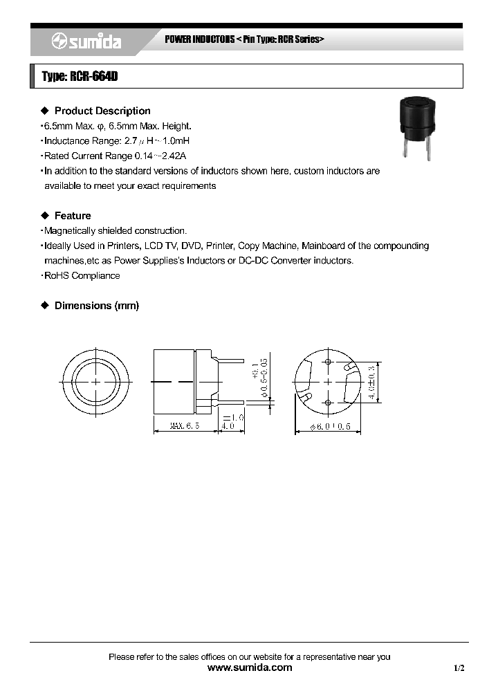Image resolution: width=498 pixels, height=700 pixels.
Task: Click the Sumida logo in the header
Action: [x=86, y=42]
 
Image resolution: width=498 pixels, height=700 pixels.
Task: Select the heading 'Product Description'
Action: [x=102, y=111]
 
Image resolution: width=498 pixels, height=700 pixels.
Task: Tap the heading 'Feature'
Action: [x=73, y=216]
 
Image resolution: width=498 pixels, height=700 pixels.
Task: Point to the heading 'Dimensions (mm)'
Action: [x=96, y=305]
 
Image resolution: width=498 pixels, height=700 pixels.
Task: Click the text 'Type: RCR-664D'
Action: [x=80, y=77]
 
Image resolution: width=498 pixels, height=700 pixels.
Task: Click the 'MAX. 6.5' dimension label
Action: [x=185, y=426]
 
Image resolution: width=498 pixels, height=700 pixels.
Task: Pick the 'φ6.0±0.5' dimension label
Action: [x=328, y=426]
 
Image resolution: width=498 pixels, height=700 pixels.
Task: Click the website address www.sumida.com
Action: [x=250, y=667]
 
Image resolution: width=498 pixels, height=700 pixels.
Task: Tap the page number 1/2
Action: [x=459, y=668]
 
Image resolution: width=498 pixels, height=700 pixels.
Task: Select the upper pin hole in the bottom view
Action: [x=327, y=362]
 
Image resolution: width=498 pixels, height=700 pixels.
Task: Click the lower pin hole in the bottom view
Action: [x=327, y=401]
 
